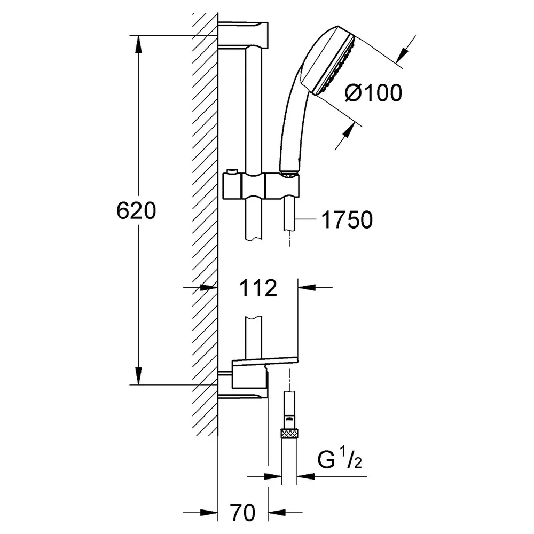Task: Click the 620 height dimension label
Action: tap(136, 211)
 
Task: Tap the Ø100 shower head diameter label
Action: tap(373, 92)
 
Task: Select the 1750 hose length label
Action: tap(347, 219)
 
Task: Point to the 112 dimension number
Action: tap(258, 288)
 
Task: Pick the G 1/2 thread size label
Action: tap(340, 460)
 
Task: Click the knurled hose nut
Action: tap(289, 434)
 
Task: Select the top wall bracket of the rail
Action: tap(243, 34)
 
